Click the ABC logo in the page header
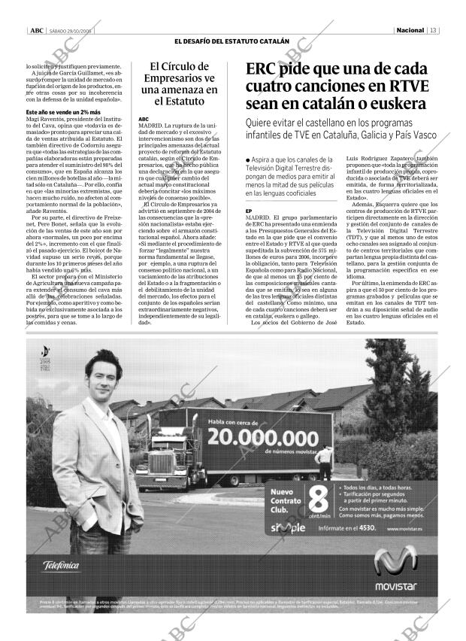35,29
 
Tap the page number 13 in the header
434,29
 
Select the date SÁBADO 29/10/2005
71,30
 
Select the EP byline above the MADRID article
248,211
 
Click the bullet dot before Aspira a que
248,161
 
